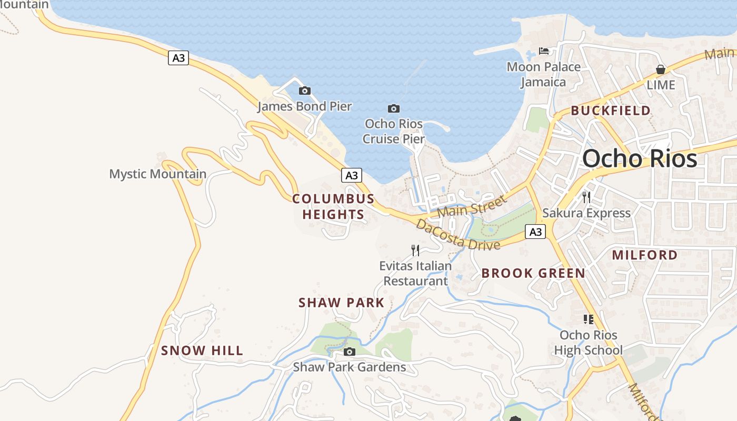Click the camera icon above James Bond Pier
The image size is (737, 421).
[x=304, y=91]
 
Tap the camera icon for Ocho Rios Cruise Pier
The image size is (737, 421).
[x=393, y=108]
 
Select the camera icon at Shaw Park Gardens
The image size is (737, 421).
[x=350, y=352]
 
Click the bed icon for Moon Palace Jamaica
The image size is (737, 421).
[x=544, y=51]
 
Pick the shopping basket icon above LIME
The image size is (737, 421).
[x=661, y=69]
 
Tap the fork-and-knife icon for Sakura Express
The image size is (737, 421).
[x=586, y=197]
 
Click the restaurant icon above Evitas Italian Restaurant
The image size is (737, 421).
[x=415, y=250]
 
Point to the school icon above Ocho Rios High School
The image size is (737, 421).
[x=588, y=319]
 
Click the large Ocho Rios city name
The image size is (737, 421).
[x=640, y=158]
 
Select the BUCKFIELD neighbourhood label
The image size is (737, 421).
[x=611, y=111]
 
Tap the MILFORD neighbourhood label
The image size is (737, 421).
[x=644, y=255]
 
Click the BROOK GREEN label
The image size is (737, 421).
[x=533, y=273]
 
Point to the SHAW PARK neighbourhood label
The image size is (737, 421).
[x=341, y=303]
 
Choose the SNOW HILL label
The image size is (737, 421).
[x=202, y=350]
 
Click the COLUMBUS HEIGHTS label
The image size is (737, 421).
[x=333, y=206]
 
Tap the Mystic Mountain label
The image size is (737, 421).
[x=157, y=174]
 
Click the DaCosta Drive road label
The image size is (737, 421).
[x=457, y=235]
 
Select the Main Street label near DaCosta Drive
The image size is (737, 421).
[x=472, y=206]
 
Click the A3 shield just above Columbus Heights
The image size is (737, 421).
[x=352, y=175]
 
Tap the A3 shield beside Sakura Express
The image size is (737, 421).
[x=535, y=232]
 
